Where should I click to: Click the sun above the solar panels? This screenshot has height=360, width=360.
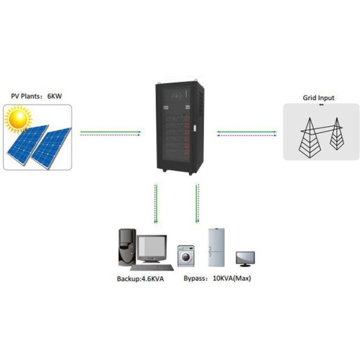16,120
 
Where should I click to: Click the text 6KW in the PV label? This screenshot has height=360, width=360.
55,97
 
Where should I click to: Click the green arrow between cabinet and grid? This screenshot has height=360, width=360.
248,130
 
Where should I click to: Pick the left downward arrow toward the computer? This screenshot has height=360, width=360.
157,204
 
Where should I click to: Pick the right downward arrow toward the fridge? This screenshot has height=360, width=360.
196,204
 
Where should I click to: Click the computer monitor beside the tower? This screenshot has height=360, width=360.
153,251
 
